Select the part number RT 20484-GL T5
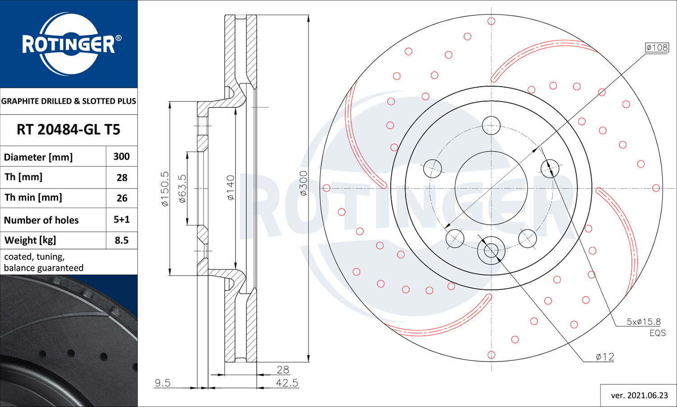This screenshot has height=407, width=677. pos(69,130)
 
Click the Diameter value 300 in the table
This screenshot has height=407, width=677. pos(121,157)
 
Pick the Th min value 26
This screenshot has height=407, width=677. pos(122,198)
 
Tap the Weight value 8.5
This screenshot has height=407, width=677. pos(121,240)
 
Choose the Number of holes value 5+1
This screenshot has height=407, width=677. pos(121,220)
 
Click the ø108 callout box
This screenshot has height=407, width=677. pos(657,47)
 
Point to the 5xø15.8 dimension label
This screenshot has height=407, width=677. pos(643,322)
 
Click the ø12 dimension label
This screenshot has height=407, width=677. pos(605,357)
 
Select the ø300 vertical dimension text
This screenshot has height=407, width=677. pos(303,183)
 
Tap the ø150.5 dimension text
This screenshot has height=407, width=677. pos(165,189)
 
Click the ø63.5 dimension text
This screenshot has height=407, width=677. pos(182,189)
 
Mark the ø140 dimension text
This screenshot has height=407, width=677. pos(230,188)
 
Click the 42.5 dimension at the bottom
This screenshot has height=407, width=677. pos(287,383)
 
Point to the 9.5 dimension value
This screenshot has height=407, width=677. pos(162,383)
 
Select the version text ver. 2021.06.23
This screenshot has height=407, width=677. pos(639,396)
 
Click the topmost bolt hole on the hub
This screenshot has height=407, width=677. pos(491,125)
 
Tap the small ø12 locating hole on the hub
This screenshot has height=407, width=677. pos(491,250)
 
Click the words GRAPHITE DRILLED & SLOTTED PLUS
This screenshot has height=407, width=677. pos(69,101)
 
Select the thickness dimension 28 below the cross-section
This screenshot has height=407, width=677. pos(283,370)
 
